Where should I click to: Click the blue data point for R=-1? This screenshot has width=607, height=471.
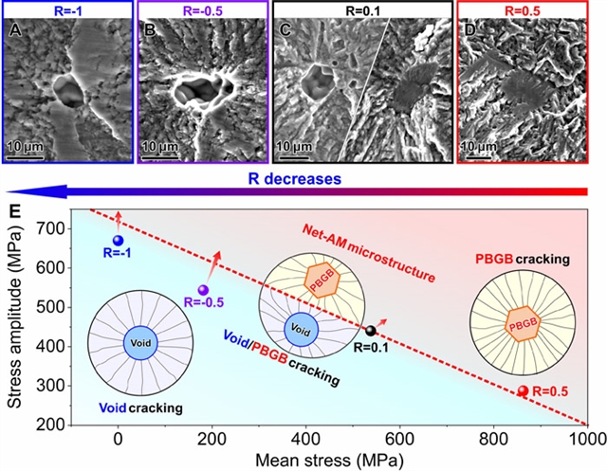(118, 242)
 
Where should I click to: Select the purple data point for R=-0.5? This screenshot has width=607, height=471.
(202, 290)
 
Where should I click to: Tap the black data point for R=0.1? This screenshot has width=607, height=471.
(371, 331)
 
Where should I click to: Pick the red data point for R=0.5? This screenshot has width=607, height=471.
(523, 390)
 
